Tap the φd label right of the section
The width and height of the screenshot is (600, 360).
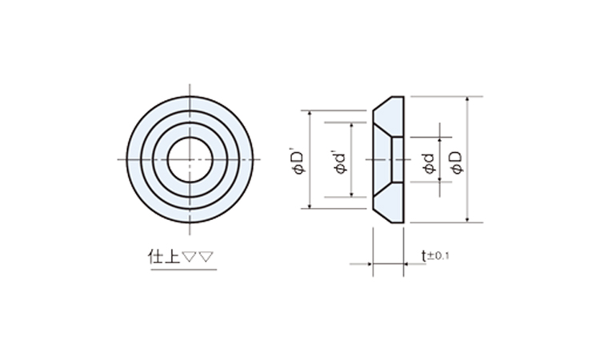coord(430,164)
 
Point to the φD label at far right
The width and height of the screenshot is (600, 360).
coord(457,163)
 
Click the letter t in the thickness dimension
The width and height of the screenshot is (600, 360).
coord(423,255)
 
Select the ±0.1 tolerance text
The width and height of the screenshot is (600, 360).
coord(438,255)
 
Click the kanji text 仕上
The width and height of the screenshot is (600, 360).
coord(164,257)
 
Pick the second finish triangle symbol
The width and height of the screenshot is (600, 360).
coord(206,256)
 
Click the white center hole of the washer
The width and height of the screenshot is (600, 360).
coord(190,159)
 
